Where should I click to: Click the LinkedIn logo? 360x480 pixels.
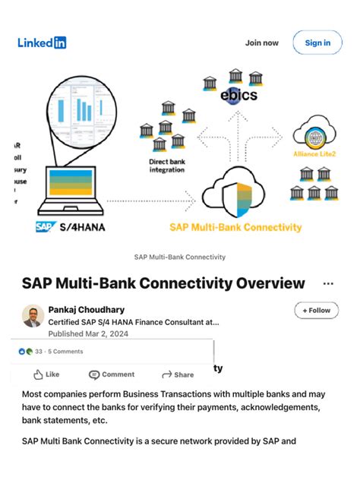42,43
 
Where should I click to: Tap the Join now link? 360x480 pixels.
261,43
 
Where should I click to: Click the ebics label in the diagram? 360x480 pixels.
238,96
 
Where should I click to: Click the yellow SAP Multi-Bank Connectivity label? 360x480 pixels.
235,226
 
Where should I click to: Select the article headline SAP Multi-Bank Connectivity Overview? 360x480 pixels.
163,283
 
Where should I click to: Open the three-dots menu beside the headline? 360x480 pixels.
328,283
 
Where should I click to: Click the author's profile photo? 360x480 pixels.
33,315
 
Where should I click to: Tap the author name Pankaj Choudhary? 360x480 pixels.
87,309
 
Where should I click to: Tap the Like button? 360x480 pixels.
46,374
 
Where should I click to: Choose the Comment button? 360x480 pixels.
112,374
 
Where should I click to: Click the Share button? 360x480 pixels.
178,374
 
